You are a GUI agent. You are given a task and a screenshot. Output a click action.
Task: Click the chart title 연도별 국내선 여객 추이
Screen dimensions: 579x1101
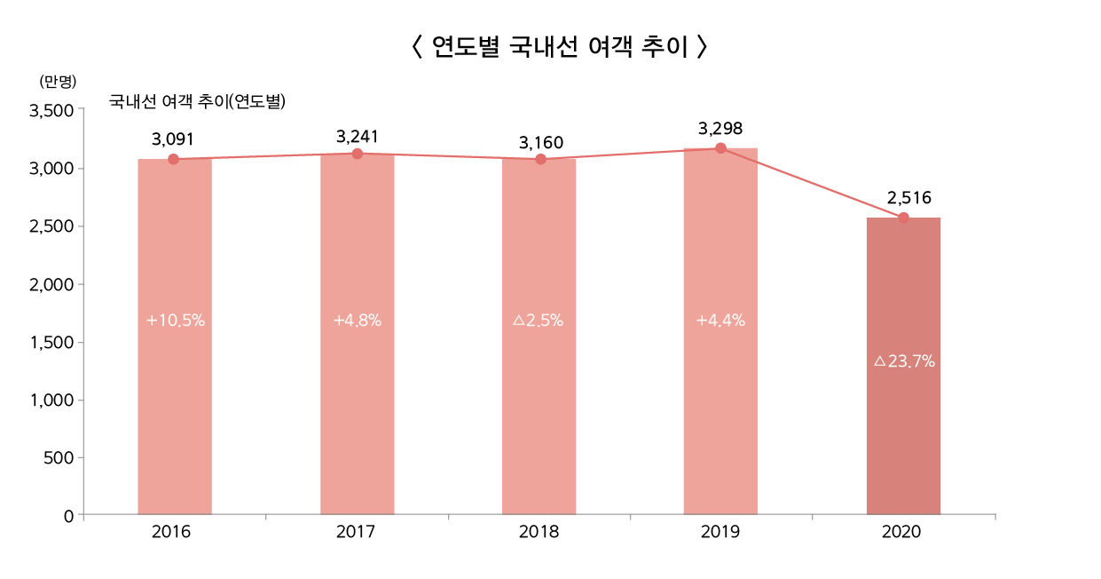point(560,47)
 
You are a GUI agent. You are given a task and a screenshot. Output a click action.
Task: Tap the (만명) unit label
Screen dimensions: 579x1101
point(59,81)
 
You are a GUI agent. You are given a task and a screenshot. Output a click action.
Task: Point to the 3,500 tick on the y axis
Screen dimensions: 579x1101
point(51,111)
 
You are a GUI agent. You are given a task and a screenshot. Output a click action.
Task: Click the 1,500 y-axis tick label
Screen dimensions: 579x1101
point(51,343)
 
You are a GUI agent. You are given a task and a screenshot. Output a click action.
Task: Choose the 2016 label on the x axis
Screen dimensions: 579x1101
point(171,533)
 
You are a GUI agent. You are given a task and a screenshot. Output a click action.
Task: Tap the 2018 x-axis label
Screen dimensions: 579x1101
point(539,533)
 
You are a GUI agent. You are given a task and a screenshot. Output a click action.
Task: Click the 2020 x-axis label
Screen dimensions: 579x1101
point(902,533)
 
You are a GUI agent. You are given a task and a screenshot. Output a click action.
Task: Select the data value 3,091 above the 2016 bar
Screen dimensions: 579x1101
point(173,139)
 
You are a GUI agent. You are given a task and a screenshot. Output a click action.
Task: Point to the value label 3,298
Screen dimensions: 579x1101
point(720,129)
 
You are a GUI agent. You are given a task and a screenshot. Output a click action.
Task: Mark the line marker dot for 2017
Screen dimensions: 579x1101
point(358,154)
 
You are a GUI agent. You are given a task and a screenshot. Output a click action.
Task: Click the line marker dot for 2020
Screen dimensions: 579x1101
point(903,218)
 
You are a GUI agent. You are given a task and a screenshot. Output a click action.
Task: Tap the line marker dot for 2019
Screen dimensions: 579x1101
point(720,148)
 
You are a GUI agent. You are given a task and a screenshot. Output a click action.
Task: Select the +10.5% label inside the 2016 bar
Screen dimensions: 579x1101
point(176,321)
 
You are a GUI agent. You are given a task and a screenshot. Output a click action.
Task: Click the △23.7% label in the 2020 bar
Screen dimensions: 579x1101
point(904,361)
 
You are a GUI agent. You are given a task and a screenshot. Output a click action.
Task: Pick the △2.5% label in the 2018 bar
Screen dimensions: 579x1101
point(539,321)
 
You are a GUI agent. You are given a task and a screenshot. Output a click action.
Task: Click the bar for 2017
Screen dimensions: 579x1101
point(358,400)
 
